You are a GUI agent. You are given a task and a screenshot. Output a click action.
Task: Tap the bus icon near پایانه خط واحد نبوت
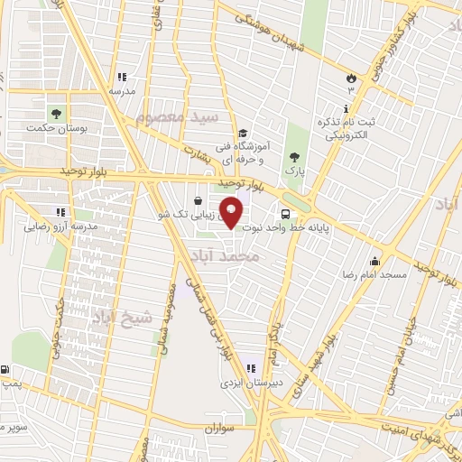point(285,216)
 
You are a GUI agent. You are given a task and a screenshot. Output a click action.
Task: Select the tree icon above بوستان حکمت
point(57,114)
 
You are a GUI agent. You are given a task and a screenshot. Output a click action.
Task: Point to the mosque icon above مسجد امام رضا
point(374,263)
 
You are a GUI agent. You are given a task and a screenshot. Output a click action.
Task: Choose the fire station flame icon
point(351,79)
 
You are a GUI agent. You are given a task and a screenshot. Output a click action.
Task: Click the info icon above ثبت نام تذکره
point(321,105)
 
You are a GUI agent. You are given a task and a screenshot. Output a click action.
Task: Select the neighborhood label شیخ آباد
point(119,317)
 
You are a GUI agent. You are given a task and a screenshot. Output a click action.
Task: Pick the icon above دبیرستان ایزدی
point(250,367)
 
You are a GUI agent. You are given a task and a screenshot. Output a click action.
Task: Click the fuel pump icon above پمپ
point(6,370)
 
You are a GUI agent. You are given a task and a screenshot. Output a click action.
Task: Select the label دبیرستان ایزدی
point(247,383)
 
